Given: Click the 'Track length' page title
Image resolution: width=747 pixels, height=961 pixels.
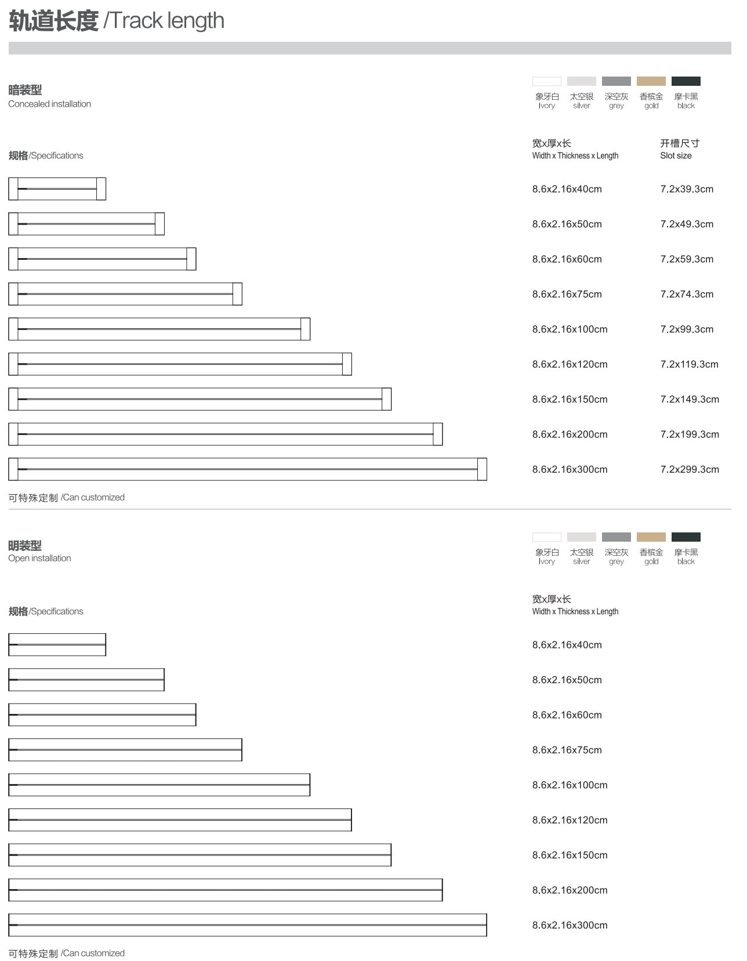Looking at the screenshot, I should [117, 21].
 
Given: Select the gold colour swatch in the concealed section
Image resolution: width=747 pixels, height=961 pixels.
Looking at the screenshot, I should [651, 81].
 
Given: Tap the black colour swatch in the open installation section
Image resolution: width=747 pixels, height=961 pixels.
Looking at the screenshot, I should [686, 537].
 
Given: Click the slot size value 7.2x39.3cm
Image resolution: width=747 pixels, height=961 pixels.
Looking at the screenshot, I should [687, 189].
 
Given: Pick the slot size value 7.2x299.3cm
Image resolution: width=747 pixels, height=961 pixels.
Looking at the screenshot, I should [690, 469].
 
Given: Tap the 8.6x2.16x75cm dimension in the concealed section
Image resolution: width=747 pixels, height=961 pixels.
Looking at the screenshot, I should [567, 294].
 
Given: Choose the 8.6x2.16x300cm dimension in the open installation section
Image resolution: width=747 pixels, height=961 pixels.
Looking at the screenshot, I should [570, 925].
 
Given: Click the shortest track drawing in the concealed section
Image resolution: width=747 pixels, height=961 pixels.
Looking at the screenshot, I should [57, 189].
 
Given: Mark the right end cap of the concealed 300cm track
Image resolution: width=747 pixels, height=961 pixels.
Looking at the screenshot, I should [482, 469].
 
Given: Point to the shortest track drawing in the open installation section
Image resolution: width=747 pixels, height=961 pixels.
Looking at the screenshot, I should [57, 645].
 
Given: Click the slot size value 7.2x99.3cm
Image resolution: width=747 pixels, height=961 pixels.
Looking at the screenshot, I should [687, 329].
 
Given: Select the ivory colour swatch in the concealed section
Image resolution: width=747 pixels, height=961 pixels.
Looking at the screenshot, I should [546, 81].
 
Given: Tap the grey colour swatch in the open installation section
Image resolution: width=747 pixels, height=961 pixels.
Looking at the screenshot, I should [616, 537].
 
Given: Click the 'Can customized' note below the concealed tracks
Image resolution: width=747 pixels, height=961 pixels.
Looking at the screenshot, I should [67, 498].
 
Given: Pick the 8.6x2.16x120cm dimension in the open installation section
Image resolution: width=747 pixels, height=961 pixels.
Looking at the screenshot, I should [570, 820].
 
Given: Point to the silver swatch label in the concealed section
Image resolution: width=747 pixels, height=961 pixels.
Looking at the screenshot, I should [581, 101].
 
